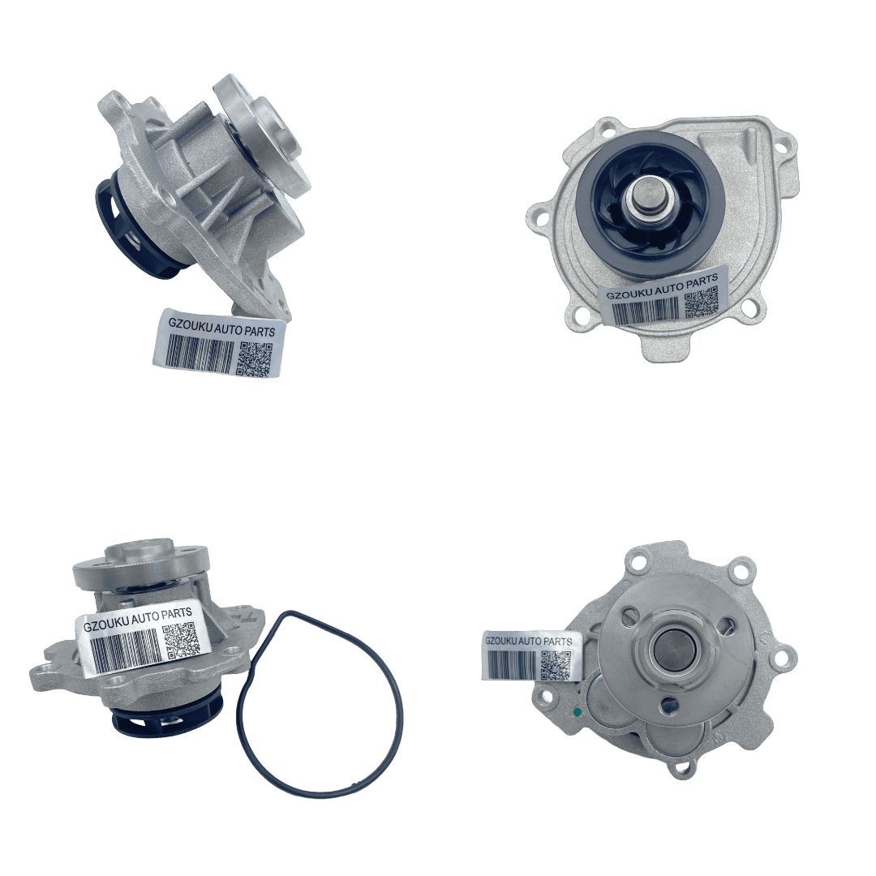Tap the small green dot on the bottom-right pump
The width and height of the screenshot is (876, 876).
(578, 712)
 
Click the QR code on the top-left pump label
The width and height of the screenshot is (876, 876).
(255, 359)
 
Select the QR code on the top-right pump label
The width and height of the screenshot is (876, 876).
(701, 303)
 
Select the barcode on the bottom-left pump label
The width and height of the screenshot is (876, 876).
(124, 649)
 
